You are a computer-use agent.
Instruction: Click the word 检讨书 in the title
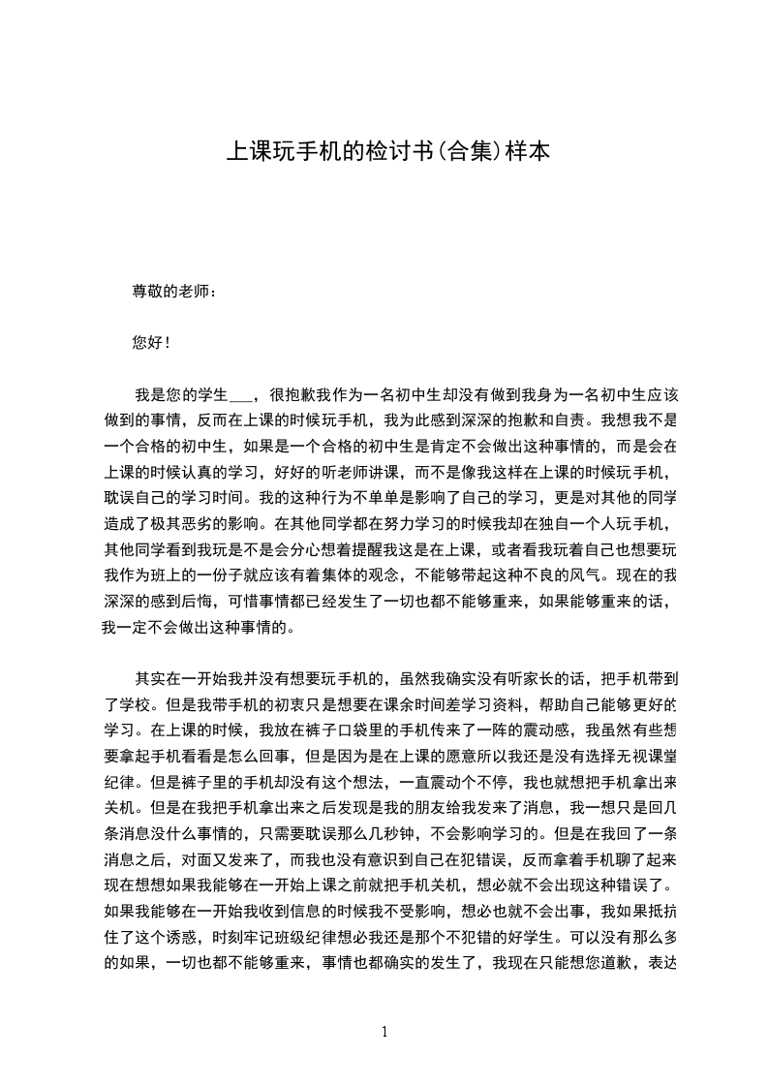pos(387,152)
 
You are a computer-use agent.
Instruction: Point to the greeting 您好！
pos(151,343)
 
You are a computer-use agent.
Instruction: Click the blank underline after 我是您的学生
pos(240,394)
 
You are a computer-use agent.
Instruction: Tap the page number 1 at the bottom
pos(384,1032)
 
